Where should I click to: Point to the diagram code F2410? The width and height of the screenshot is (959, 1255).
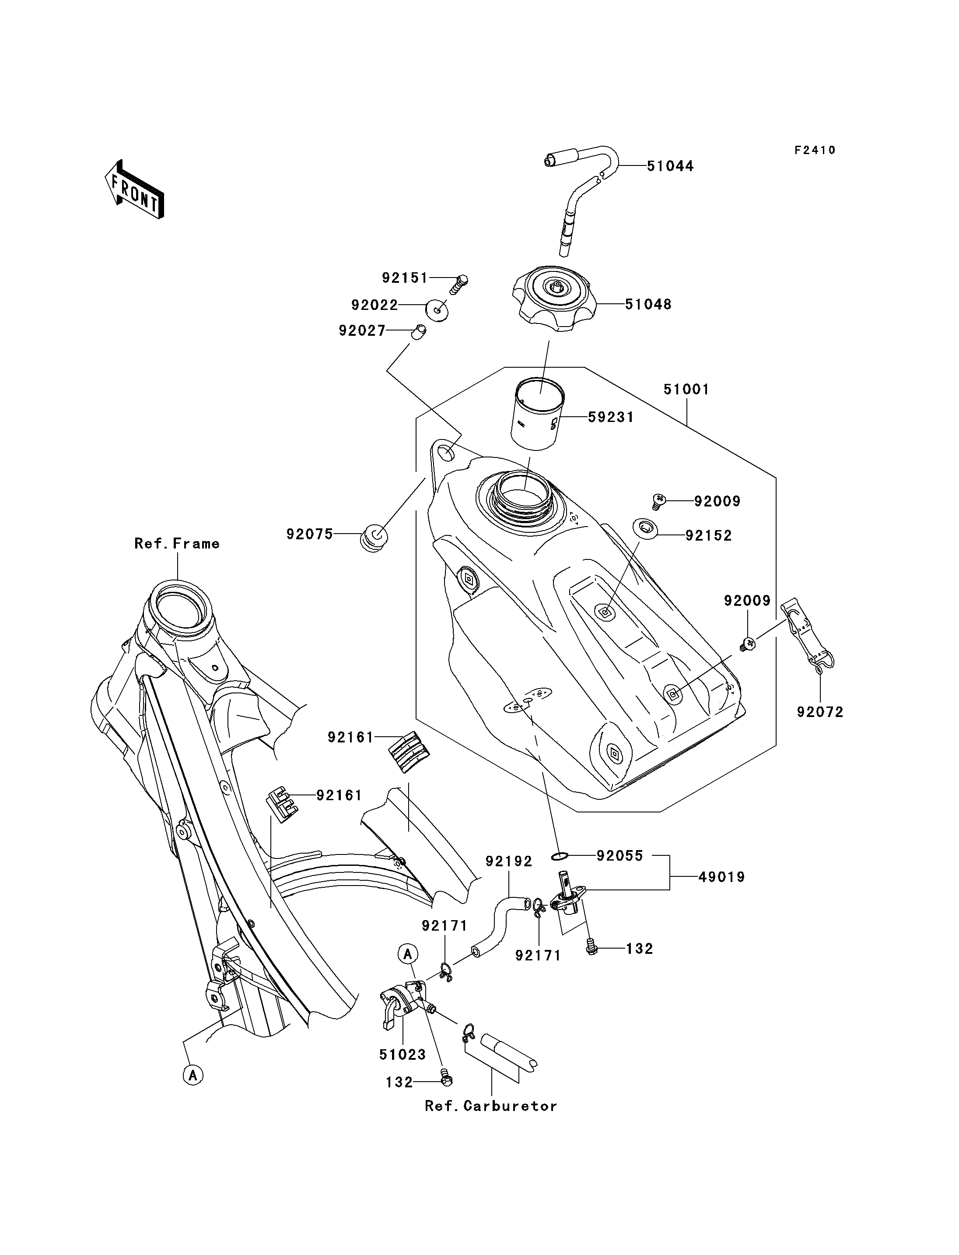coord(815,150)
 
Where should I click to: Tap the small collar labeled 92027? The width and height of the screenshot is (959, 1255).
coord(419,331)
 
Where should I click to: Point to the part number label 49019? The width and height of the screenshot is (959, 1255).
coord(721,877)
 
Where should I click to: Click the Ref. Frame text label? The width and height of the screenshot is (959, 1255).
coord(177,543)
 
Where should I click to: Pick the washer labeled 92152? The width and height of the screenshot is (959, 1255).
coord(645,528)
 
